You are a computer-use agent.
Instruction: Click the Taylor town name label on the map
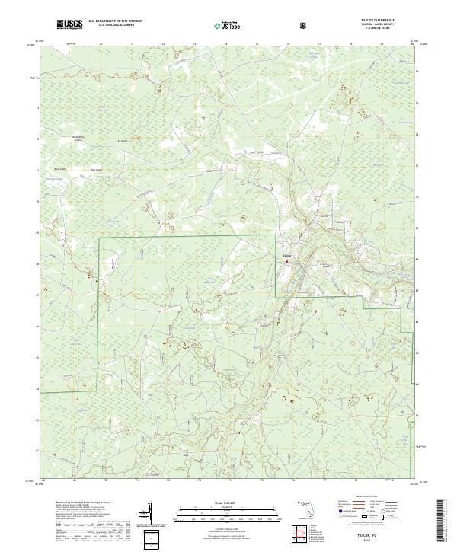click(x=287, y=256)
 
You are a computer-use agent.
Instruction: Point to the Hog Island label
click(x=97, y=170)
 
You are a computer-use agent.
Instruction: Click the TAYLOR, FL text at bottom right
click(x=373, y=537)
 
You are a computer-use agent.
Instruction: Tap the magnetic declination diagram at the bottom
click(x=152, y=512)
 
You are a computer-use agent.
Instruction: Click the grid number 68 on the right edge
click(x=417, y=260)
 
